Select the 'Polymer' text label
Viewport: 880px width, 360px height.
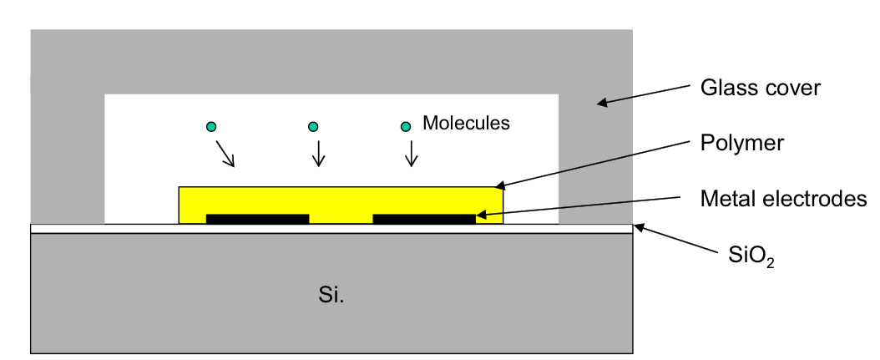(x=741, y=143)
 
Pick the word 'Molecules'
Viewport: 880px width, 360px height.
(x=466, y=124)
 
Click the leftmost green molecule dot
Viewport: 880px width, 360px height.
(x=212, y=127)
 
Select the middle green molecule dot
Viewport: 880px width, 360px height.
(x=313, y=127)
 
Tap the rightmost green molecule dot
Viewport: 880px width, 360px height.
(x=406, y=127)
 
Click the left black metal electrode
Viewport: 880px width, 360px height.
(x=257, y=219)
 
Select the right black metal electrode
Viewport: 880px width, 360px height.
(x=424, y=219)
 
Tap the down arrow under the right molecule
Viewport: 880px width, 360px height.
(x=411, y=154)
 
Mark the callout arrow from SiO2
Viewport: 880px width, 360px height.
(x=675, y=240)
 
